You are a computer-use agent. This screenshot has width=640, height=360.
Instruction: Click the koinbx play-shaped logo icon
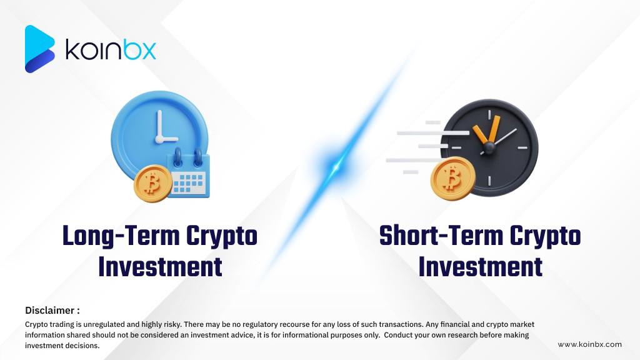(39, 49)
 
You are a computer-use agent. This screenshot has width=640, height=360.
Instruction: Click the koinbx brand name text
(111, 49)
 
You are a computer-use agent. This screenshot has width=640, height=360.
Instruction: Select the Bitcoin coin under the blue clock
(150, 184)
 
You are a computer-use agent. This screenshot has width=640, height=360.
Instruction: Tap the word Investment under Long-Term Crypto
(160, 266)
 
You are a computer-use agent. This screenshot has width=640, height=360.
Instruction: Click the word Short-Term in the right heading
(441, 236)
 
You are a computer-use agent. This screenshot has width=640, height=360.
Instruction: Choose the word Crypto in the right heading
(545, 236)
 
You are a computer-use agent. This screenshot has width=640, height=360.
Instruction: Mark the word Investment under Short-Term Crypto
(480, 266)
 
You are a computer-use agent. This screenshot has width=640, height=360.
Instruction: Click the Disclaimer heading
(52, 310)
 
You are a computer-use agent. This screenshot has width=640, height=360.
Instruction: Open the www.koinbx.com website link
(589, 344)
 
